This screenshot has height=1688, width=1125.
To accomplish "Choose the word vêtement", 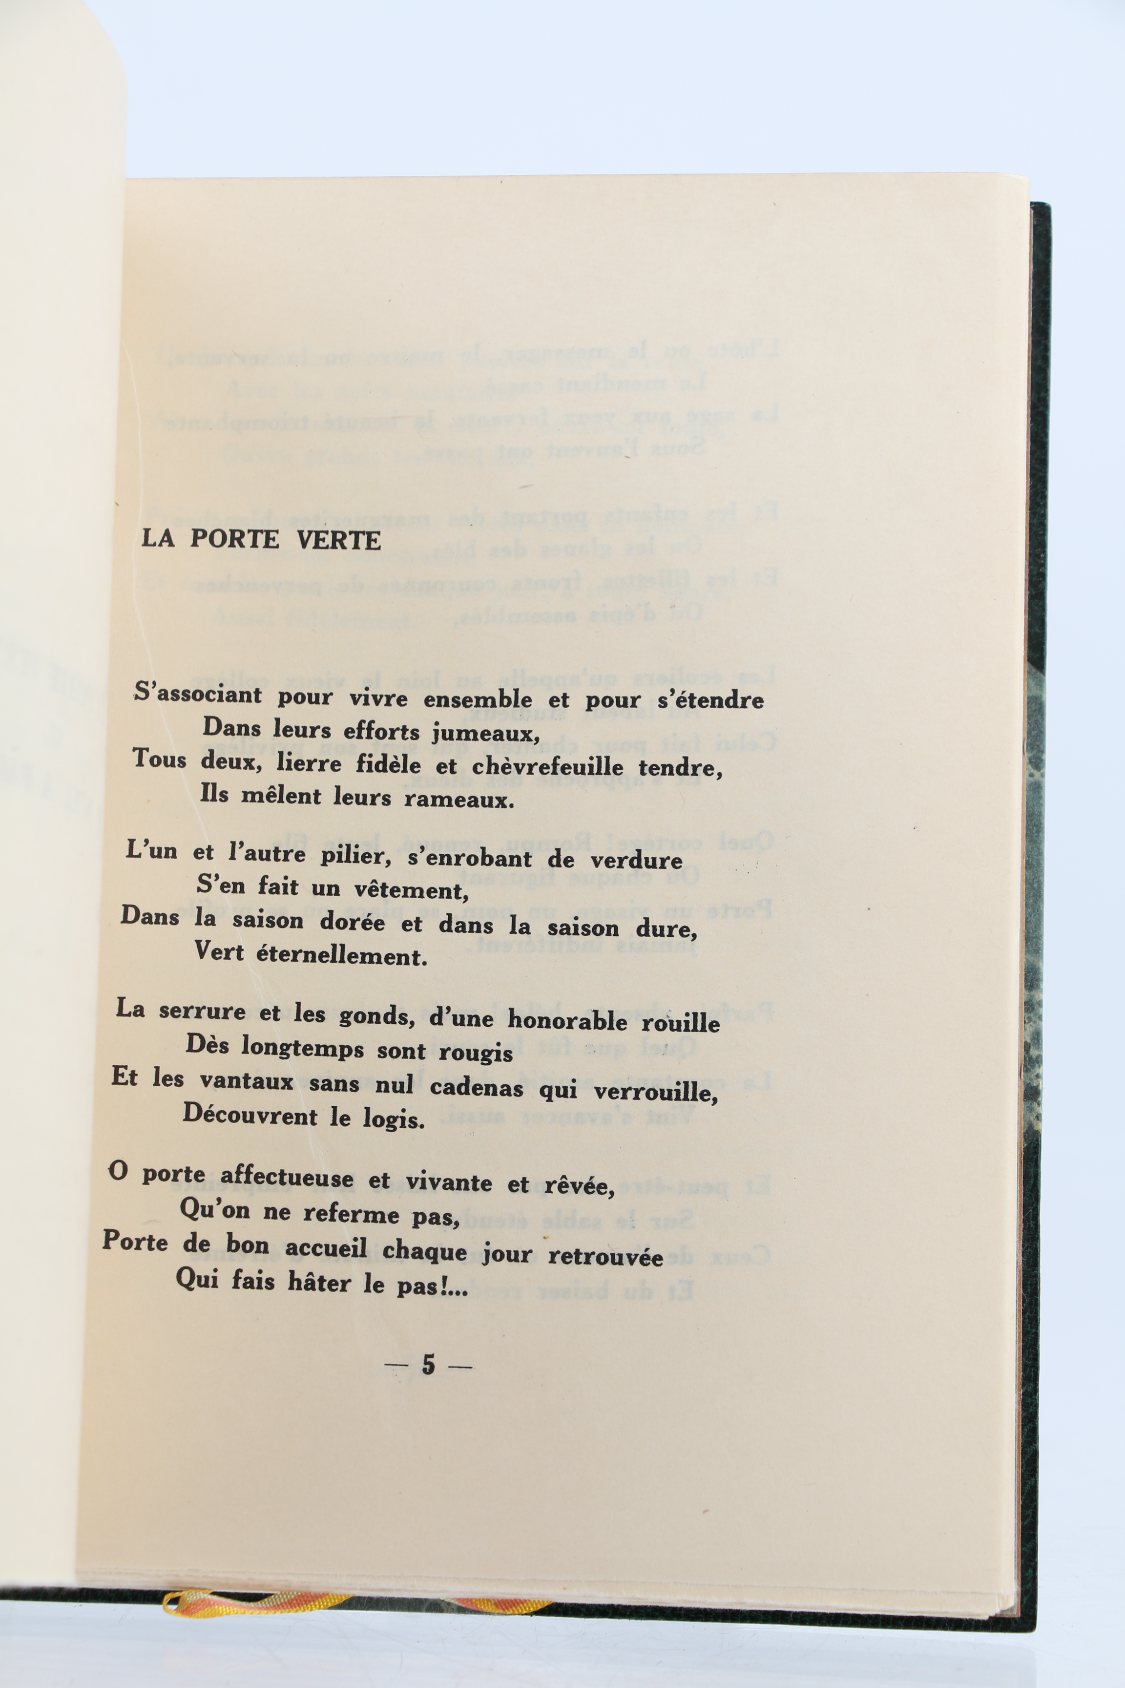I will coord(411,891).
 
